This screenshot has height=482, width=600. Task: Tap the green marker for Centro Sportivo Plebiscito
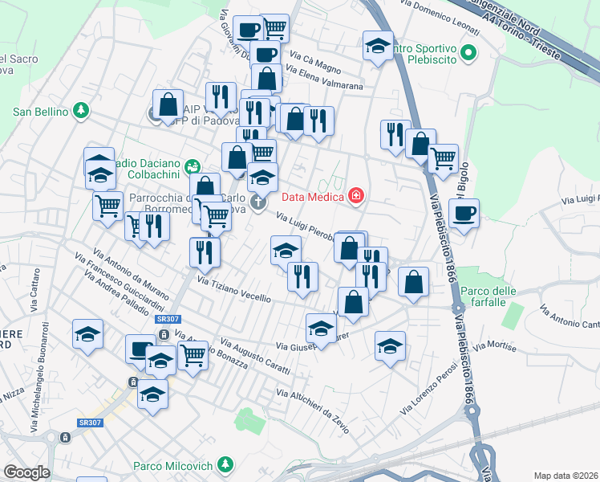[469, 55]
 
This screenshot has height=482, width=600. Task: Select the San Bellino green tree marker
[80, 112]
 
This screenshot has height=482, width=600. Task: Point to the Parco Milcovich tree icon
[226, 465]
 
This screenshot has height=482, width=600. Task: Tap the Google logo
[26, 472]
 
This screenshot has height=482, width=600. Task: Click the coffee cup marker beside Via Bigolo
[464, 214]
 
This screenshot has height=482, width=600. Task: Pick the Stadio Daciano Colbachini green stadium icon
[192, 166]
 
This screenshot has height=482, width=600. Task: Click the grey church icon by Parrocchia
[258, 202]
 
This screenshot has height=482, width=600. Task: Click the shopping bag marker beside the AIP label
[168, 104]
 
